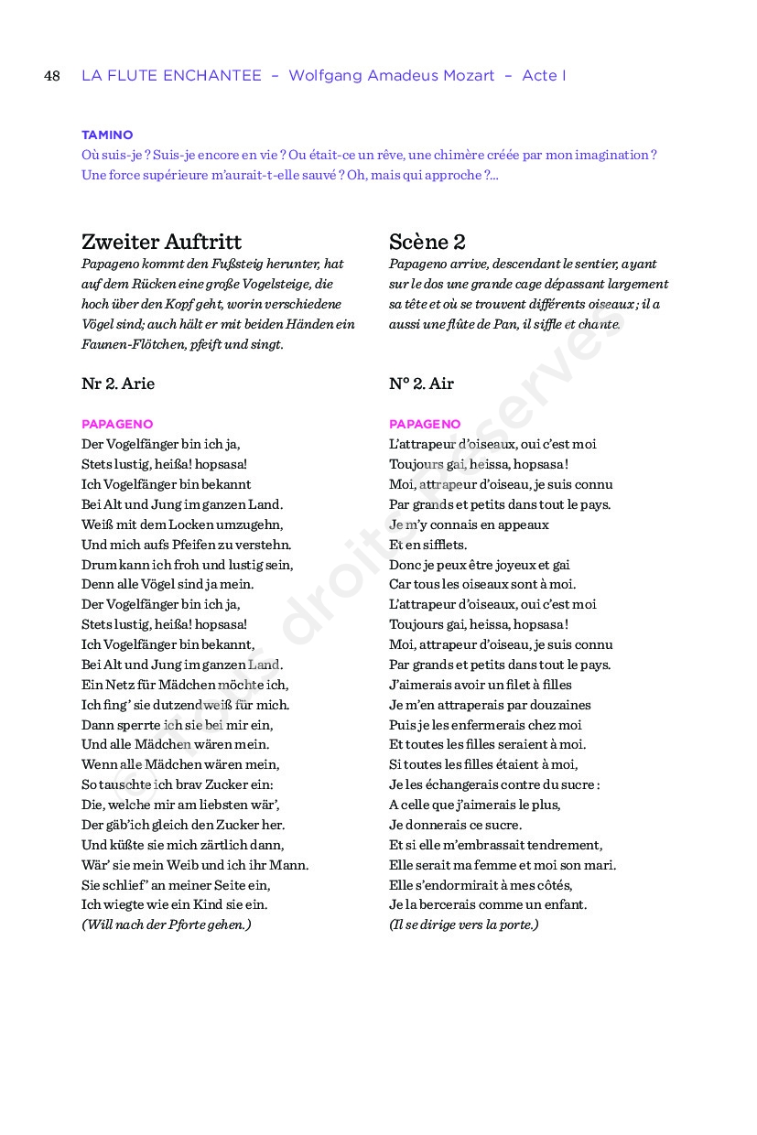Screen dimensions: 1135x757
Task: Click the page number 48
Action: coord(52,76)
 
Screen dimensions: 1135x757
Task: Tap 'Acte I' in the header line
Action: coord(544,76)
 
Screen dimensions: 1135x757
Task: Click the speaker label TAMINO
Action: coord(107,135)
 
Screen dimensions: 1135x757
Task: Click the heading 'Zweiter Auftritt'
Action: coord(161,242)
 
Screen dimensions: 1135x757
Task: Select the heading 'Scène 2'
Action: coord(427,242)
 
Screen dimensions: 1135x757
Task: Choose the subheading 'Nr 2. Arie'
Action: coord(118,384)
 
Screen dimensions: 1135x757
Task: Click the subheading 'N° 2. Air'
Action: coord(421,384)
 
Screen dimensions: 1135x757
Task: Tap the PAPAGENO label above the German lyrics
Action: coord(117,424)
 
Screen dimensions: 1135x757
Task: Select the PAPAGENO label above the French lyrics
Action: coord(425,424)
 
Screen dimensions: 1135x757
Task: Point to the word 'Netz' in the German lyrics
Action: coord(122,685)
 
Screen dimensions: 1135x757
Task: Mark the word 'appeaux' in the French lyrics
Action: coord(524,524)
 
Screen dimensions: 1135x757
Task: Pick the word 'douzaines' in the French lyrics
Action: coord(559,705)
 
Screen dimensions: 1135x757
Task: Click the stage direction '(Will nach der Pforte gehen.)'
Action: coord(166,924)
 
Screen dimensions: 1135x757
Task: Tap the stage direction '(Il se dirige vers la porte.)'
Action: coord(463,924)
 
